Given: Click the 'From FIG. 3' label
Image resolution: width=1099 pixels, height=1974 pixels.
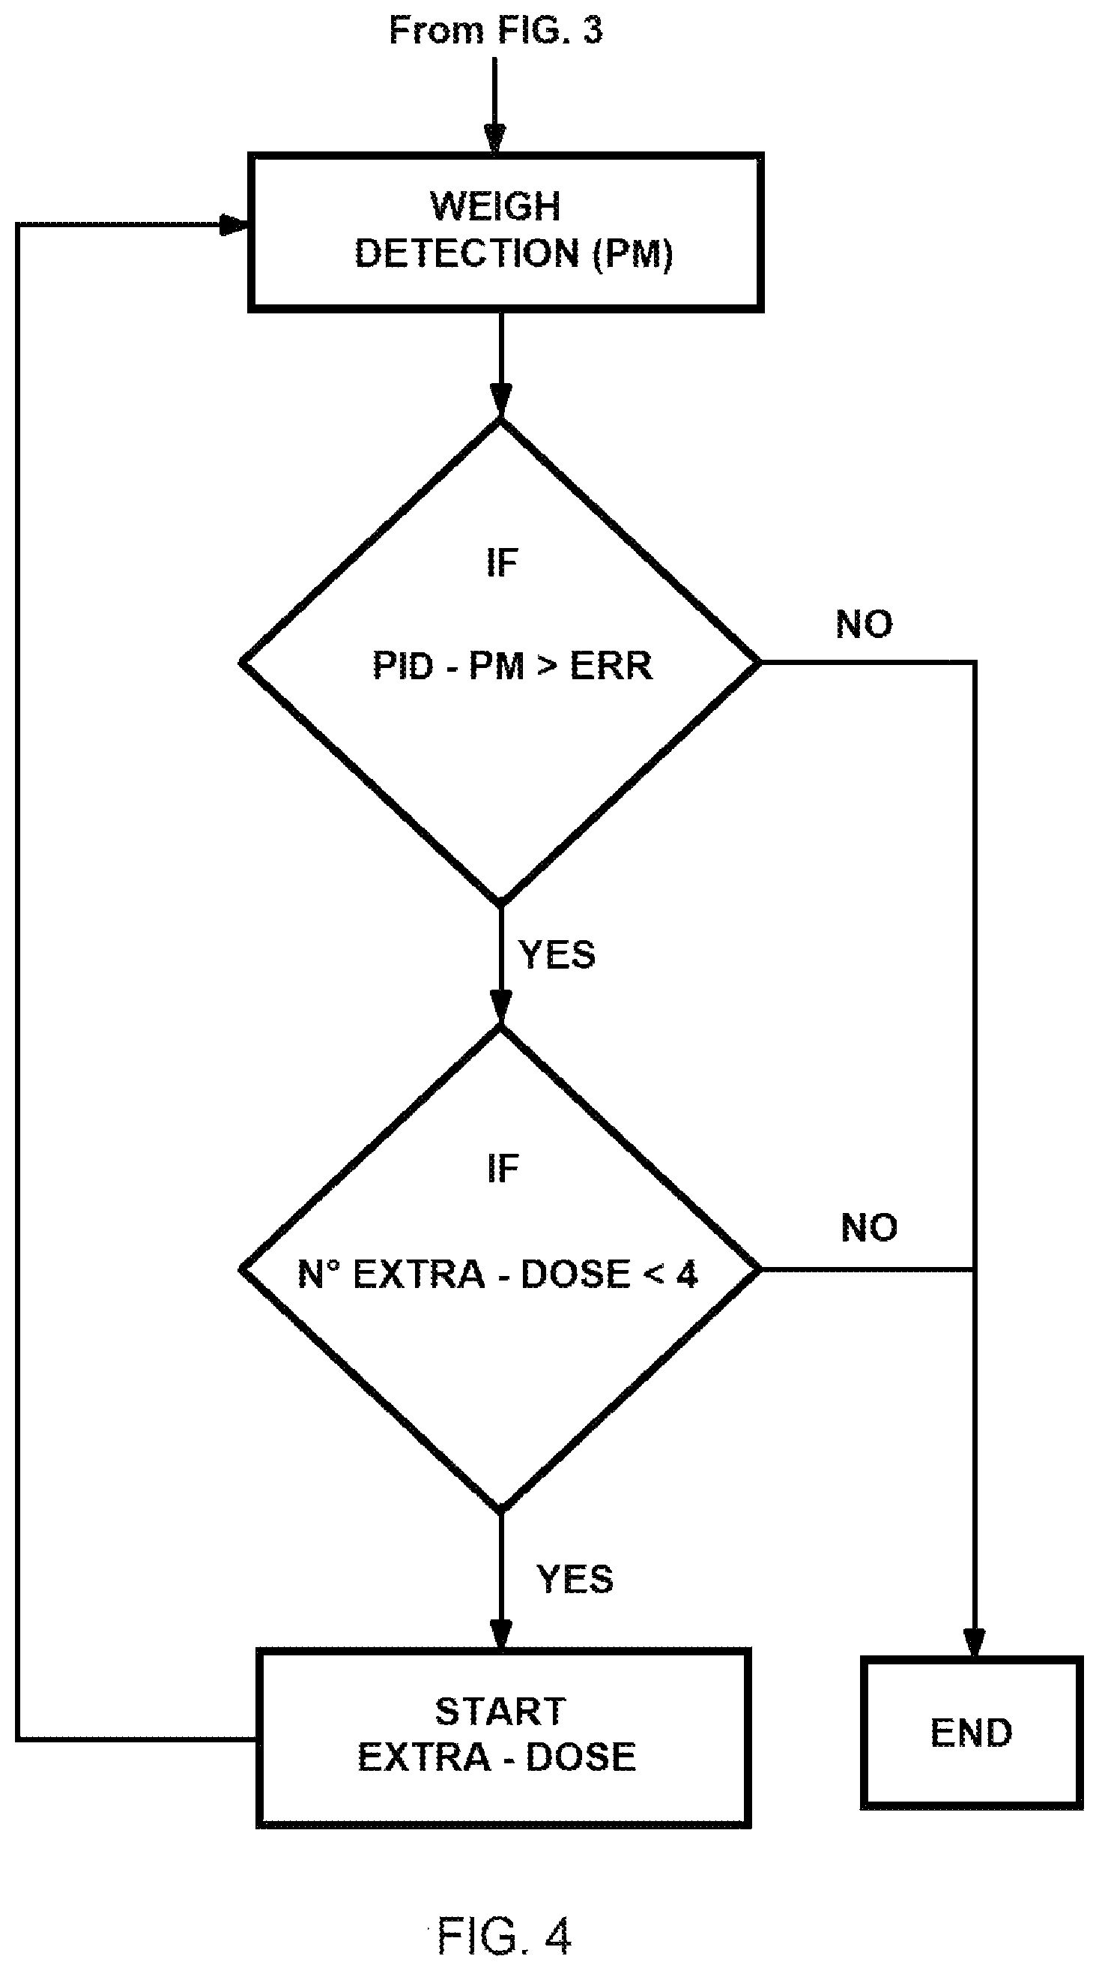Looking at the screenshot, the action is tap(495, 31).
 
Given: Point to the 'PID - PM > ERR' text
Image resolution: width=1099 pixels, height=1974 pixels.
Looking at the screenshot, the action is tap(512, 665).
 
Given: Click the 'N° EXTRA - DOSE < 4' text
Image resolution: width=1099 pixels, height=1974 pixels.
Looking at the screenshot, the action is tap(497, 1274).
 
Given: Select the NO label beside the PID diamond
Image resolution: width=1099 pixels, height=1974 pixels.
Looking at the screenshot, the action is tap(864, 625).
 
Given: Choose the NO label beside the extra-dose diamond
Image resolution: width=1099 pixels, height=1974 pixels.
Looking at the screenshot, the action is tap(869, 1227).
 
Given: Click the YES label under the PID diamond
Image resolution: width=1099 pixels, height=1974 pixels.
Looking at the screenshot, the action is tap(557, 955).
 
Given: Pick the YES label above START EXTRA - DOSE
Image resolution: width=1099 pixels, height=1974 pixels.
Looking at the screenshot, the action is tap(575, 1580).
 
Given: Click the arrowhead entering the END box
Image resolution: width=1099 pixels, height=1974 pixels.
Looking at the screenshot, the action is tap(973, 1642).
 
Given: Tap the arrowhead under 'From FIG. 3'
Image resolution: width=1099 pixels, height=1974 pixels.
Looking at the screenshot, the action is tap(495, 139).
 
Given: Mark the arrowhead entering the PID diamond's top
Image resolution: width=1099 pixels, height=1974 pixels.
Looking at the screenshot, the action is tap(500, 401).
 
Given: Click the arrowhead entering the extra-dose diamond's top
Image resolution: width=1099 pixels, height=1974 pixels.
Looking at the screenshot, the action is tap(500, 1007).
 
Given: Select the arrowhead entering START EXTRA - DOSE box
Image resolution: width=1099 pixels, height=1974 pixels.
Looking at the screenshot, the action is tap(500, 1633).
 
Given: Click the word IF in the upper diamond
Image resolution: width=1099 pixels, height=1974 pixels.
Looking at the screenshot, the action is tap(503, 563).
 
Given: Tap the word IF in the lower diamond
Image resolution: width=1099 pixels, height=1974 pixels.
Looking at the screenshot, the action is tap(503, 1168).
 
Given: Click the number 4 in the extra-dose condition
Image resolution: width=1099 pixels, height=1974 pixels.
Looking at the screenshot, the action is tap(687, 1274).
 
